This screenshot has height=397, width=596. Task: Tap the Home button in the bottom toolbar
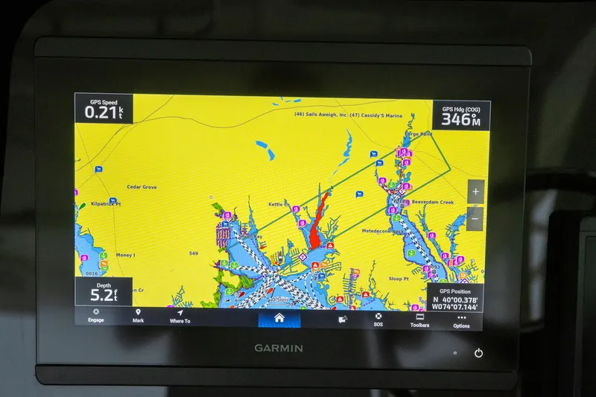point(279,318)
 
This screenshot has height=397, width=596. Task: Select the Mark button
point(138,316)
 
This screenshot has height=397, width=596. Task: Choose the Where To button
point(180,316)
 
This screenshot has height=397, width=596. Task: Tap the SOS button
point(378,319)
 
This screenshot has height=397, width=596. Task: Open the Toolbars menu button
point(419,320)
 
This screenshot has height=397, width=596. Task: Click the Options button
point(461,320)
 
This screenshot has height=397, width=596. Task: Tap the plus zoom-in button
point(475,191)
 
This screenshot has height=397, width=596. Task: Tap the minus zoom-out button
point(475,219)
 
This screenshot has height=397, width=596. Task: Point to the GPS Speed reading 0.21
point(103,112)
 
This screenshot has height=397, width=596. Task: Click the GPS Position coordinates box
point(454,298)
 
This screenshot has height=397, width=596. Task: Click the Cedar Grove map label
point(142,187)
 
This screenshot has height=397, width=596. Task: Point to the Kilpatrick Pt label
point(105,203)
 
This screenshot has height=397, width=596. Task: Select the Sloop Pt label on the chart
point(399,279)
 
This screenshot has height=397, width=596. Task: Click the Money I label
point(125,255)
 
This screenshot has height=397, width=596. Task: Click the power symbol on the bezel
point(478,353)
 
